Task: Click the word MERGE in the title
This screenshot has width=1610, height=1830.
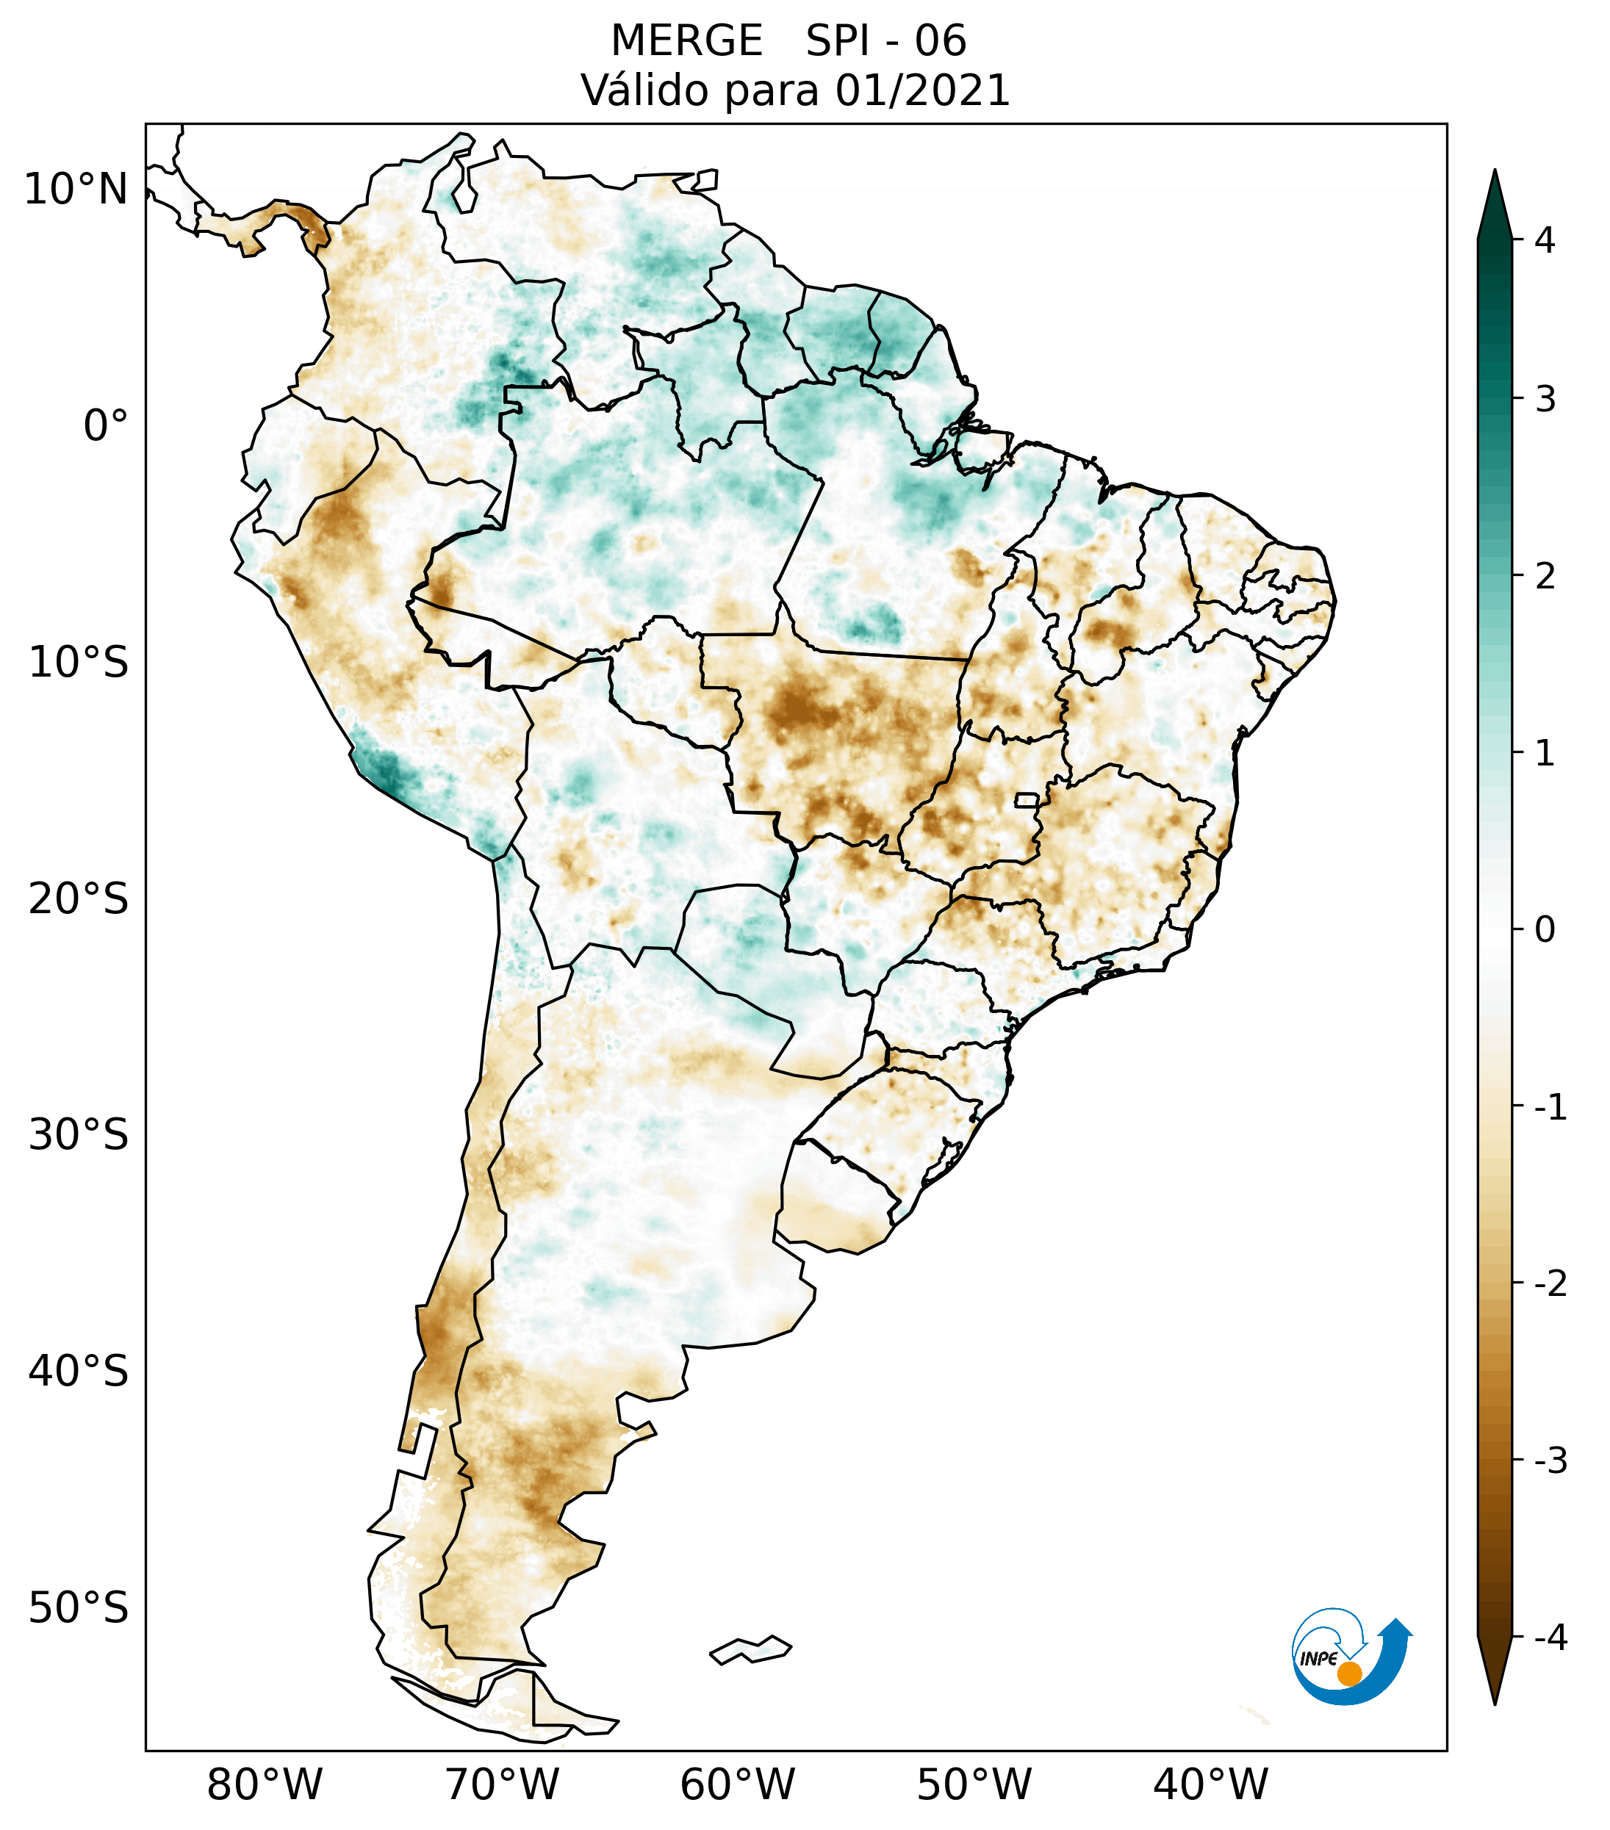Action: click(x=687, y=41)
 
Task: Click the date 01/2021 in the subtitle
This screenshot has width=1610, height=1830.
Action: click(x=922, y=90)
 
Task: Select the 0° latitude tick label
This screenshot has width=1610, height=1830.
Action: click(x=106, y=425)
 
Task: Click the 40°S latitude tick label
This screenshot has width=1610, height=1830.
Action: click(x=79, y=1371)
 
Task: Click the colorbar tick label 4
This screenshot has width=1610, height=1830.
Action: click(x=1545, y=240)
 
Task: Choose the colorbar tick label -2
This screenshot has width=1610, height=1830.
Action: click(x=1550, y=1284)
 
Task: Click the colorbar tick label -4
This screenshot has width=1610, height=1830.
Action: click(x=1550, y=1638)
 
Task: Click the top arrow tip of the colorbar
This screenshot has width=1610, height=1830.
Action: click(x=1495, y=169)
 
